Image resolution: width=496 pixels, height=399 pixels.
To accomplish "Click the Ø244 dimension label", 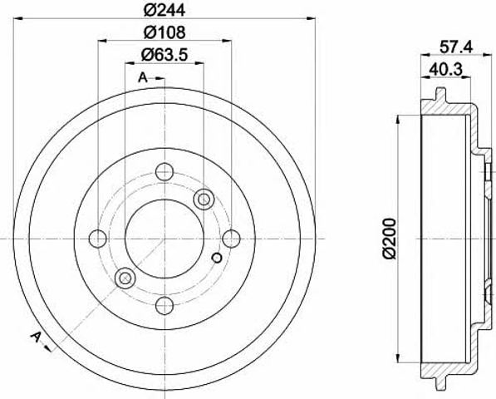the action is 165,10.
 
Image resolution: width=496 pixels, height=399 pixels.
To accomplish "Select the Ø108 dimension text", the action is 165,32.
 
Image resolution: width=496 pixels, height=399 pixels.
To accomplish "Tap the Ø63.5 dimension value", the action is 165,54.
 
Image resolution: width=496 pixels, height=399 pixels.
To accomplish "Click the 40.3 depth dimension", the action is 445,69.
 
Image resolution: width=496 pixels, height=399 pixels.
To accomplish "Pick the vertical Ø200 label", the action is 389,239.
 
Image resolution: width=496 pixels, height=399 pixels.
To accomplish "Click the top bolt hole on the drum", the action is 165,171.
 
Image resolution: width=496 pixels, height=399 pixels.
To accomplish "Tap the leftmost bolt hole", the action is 98,239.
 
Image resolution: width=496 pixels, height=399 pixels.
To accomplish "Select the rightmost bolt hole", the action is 232,239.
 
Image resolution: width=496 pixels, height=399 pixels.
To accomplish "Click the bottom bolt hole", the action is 165,306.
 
